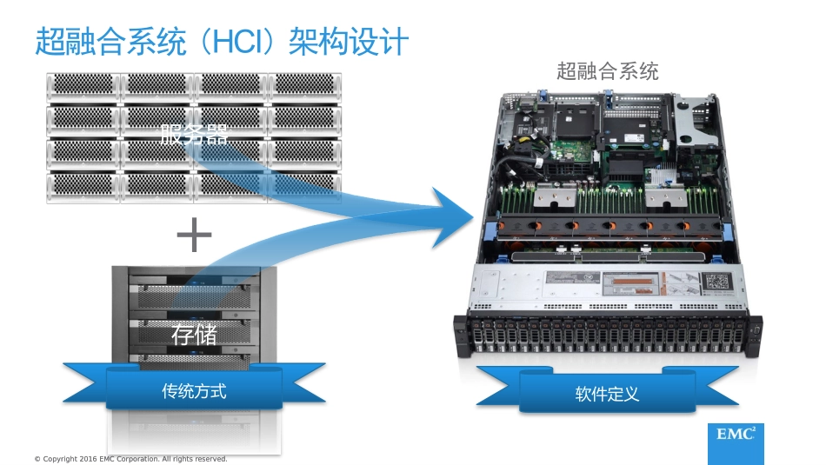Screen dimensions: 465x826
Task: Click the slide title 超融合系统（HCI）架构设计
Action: coord(222,42)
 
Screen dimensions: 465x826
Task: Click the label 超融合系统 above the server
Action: coord(607,70)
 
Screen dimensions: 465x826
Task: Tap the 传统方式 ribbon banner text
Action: coord(195,391)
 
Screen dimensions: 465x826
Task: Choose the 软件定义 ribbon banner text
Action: coord(607,394)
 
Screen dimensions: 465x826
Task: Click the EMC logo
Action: coord(736,435)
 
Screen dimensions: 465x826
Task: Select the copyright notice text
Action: coord(130,459)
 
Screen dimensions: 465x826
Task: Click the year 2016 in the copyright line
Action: coord(86,459)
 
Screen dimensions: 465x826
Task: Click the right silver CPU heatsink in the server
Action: coord(669,198)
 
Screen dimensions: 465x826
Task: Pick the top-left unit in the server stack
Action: coord(83,85)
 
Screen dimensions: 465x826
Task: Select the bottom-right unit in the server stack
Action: coord(303,184)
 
